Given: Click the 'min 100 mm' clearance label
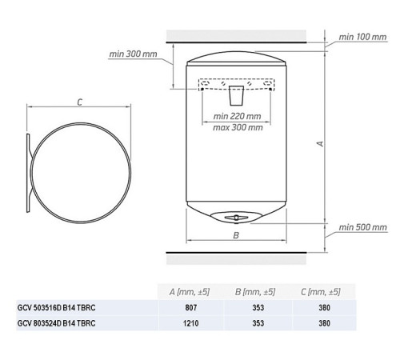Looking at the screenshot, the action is coord(362,37).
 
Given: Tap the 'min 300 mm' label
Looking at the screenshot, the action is coord(133,54).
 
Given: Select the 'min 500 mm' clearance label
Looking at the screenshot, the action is coord(362,227).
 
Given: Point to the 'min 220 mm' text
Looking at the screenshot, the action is coord(237,116).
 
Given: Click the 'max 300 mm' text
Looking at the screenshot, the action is coord(238,127).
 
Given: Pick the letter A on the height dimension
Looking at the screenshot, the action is coord(320,143).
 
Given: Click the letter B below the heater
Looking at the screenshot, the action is coord(236,235).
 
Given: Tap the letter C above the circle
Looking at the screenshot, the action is coord(80,102).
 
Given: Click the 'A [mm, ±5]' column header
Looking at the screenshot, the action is coord(190,291).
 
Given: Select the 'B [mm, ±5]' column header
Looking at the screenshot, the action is coord(255,291).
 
